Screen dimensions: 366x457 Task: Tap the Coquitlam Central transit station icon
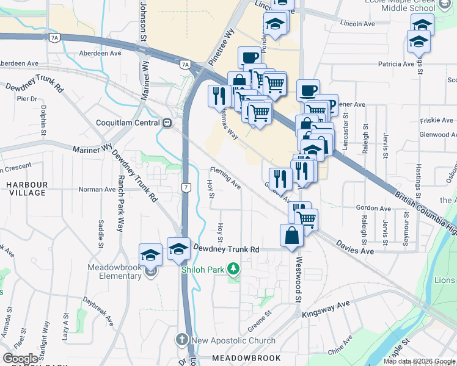click(x=167, y=123)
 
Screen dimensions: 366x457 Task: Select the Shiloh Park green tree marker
click(x=232, y=268)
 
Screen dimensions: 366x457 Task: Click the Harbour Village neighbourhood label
click(x=26, y=188)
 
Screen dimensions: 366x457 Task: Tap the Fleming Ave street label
click(x=225, y=177)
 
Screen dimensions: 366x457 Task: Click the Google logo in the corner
click(x=20, y=358)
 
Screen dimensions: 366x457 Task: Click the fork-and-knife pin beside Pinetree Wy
click(x=219, y=96)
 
